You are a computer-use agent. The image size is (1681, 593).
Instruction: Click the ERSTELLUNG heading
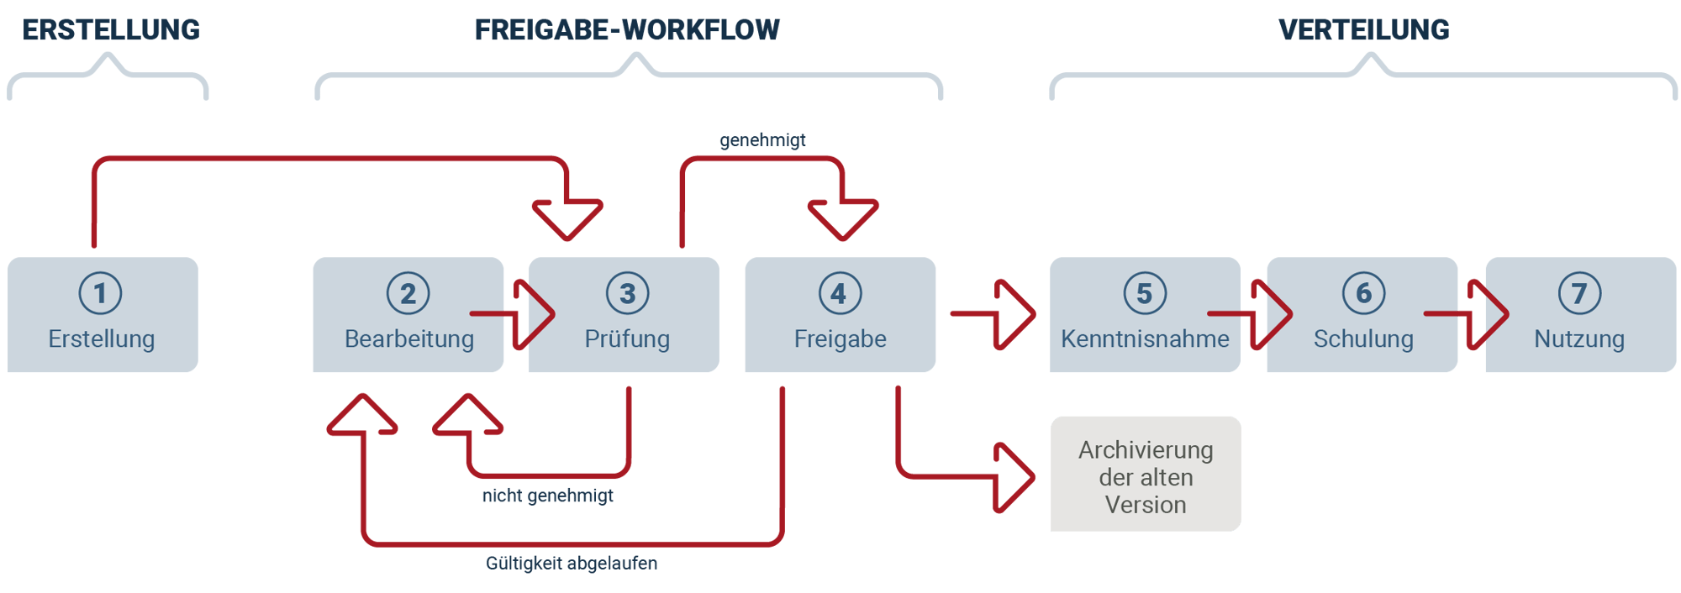click(111, 30)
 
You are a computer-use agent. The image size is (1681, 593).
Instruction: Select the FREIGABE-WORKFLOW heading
click(627, 30)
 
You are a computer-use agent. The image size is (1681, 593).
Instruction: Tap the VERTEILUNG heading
click(1363, 30)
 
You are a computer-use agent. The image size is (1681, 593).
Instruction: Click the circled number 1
click(101, 293)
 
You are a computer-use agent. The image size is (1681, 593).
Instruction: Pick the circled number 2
click(408, 293)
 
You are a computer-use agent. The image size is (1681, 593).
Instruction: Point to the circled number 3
click(627, 293)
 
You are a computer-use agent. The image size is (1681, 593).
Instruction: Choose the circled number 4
click(840, 293)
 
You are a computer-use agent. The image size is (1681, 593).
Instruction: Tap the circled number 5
click(1145, 293)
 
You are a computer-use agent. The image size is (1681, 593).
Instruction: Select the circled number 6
click(1363, 293)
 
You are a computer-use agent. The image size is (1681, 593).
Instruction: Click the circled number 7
click(1579, 293)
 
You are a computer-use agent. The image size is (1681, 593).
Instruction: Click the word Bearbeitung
click(409, 339)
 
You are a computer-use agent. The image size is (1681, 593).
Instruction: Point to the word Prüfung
click(627, 339)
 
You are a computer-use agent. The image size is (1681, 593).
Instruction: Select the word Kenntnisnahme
click(1145, 339)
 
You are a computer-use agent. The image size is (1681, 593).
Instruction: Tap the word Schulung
click(1363, 339)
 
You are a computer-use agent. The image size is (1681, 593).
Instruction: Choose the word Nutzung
click(1579, 339)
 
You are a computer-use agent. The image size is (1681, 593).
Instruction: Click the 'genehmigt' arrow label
click(762, 140)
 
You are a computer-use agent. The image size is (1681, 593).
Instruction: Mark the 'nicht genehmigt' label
click(547, 496)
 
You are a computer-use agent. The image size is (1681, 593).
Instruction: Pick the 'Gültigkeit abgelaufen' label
click(572, 563)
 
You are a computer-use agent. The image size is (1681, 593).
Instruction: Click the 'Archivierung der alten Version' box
click(1146, 474)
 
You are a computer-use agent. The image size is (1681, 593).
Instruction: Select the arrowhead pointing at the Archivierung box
click(1014, 477)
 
